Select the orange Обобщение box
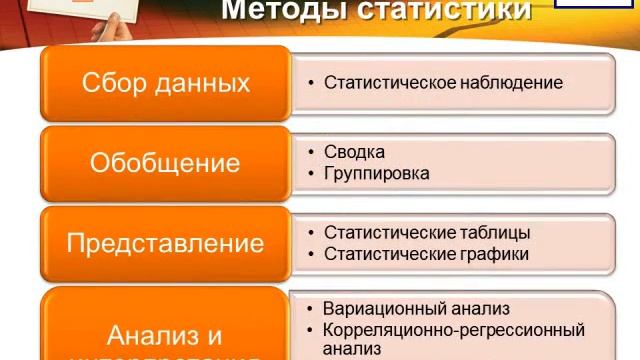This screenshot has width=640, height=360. [165, 163]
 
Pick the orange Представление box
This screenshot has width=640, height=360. [165, 243]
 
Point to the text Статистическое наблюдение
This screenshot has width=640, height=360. [443, 83]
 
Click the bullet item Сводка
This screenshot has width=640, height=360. [354, 152]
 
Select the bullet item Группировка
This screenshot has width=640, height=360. [377, 173]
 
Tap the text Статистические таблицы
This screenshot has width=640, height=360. [427, 233]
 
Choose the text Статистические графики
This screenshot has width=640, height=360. [426, 254]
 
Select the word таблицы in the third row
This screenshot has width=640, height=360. [493, 233]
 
